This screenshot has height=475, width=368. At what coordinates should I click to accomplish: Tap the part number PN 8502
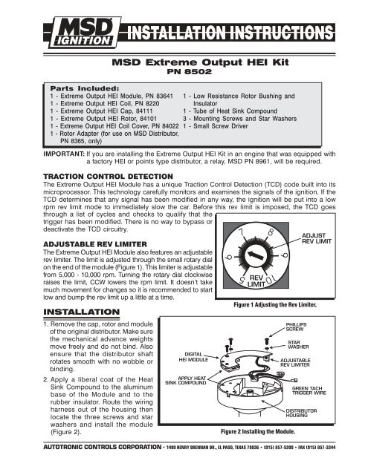point(184,75)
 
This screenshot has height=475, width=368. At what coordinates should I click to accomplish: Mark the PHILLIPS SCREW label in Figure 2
point(298,327)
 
